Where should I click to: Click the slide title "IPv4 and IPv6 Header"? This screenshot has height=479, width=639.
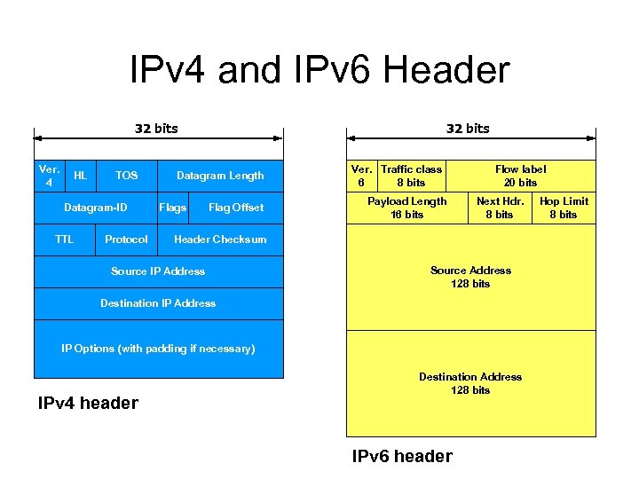tap(319, 69)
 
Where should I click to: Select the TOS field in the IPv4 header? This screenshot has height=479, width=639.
tap(127, 176)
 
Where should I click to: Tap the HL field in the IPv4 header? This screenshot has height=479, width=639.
tap(80, 176)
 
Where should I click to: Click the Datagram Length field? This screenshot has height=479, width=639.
tap(220, 176)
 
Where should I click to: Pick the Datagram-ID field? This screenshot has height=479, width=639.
tap(96, 208)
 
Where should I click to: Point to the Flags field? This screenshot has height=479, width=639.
tap(172, 208)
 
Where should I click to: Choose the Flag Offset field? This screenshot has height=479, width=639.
tap(235, 208)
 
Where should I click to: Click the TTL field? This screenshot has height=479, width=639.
tap(65, 239)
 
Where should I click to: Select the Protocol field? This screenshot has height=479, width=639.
tap(126, 239)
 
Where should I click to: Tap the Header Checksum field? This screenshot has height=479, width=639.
tap(220, 239)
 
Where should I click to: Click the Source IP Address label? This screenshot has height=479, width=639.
tap(158, 271)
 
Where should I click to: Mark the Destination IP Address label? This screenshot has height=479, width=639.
tap(158, 303)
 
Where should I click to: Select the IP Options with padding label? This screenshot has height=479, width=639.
tap(158, 349)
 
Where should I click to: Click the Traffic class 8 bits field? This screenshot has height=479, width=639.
tap(411, 176)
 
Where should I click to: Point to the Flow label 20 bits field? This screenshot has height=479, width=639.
tap(520, 176)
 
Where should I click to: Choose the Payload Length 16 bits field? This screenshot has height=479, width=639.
tap(407, 208)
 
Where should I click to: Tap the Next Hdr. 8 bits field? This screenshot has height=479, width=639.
tap(500, 208)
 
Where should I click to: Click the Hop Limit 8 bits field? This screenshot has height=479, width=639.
tap(564, 208)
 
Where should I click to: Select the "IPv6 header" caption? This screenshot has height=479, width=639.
tap(402, 457)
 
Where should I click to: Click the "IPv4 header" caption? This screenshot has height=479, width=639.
tap(88, 404)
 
